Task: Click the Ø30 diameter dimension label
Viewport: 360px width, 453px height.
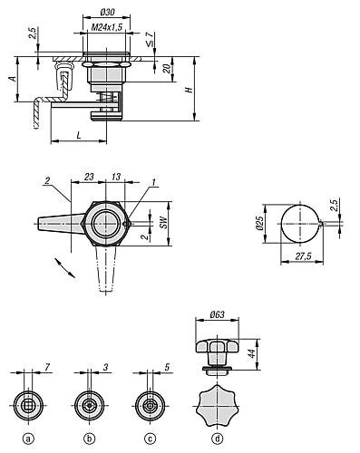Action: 107,13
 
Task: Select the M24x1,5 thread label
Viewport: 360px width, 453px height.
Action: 107,27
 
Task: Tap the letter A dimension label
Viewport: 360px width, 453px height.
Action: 13,79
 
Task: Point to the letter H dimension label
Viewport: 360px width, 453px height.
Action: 190,90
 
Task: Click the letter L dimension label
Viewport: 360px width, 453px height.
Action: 79,135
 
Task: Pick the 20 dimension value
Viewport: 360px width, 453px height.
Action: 167,69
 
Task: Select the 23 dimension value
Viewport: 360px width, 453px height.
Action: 89,177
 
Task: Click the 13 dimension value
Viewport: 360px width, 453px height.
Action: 116,177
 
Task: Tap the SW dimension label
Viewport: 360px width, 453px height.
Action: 163,222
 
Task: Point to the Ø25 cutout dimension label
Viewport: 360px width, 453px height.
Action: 259,224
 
